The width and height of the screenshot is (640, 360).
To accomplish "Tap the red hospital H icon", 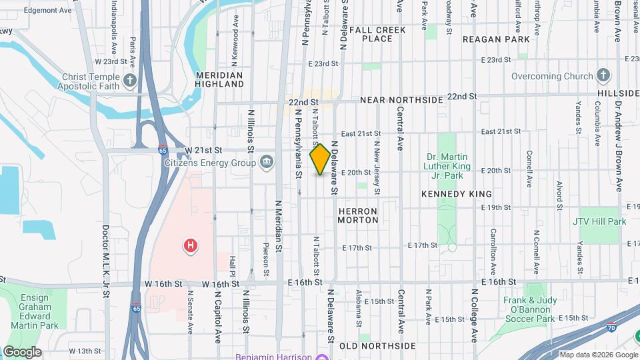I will coord(191,246).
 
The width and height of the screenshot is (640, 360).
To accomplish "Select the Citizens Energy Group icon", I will coord(266,161).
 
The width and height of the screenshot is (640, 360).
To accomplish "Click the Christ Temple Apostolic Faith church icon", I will coord(129,81).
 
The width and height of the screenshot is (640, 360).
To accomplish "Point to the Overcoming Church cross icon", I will coord(603,75).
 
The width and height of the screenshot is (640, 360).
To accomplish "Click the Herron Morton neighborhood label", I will coord(358,215).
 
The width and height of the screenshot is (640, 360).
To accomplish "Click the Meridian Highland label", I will coord(219,80).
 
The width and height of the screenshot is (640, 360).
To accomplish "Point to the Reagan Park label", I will coord(495,39).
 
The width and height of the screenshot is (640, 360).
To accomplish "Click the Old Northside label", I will coord(377,346).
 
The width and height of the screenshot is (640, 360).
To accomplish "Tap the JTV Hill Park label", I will coord(599,221).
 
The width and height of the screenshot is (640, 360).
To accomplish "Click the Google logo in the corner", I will coord(22,351).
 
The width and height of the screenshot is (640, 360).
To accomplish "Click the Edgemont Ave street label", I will coord(47,11).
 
